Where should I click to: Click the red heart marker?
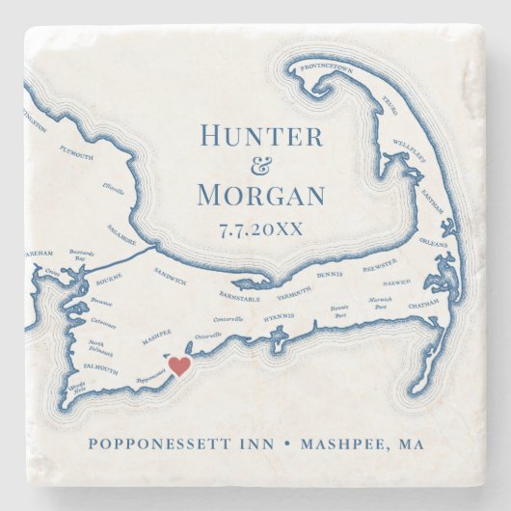pyautogui.click(x=178, y=364)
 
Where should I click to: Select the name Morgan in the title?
pyautogui.click(x=260, y=195)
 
